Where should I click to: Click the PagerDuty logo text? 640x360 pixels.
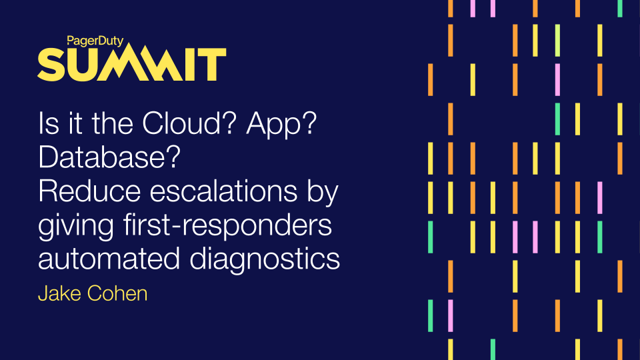[95, 40]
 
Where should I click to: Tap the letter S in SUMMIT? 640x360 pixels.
[51, 65]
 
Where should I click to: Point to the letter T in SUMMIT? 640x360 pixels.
[215, 65]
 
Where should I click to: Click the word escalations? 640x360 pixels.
[221, 192]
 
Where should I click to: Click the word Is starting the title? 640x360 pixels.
[50, 125]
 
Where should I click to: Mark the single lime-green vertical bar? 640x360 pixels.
[557, 40]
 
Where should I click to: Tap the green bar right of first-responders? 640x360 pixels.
[430, 233]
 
